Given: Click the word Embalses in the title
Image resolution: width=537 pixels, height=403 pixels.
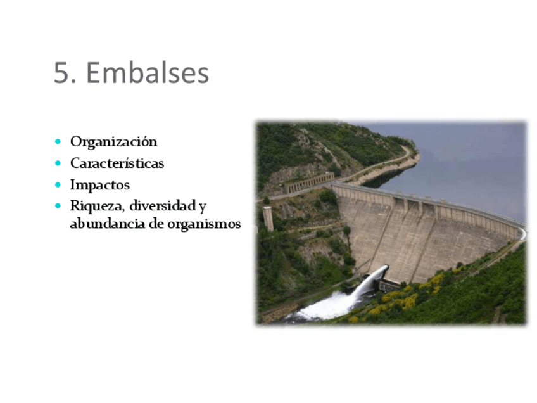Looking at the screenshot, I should click(147, 74).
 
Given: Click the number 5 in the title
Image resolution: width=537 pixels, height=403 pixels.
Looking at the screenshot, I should click(61, 74).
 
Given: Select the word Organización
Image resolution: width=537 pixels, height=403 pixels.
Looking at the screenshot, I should click(113, 141).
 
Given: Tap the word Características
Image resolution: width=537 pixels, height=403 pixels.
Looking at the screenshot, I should click(117, 163).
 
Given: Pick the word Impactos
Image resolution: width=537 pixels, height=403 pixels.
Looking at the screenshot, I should click(100, 185).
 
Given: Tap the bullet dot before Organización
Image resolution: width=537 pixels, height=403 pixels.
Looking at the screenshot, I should click(58, 141).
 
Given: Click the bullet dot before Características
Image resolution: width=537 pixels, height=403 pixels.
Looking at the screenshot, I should click(58, 163).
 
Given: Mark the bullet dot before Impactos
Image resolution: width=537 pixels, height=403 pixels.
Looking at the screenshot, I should click(58, 185).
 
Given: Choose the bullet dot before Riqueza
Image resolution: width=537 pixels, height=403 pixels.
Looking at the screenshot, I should click(58, 206).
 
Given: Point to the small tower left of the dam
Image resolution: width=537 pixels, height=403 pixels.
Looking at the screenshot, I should click(268, 218).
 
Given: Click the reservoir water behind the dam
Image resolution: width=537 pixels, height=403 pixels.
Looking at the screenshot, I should click(469, 165).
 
